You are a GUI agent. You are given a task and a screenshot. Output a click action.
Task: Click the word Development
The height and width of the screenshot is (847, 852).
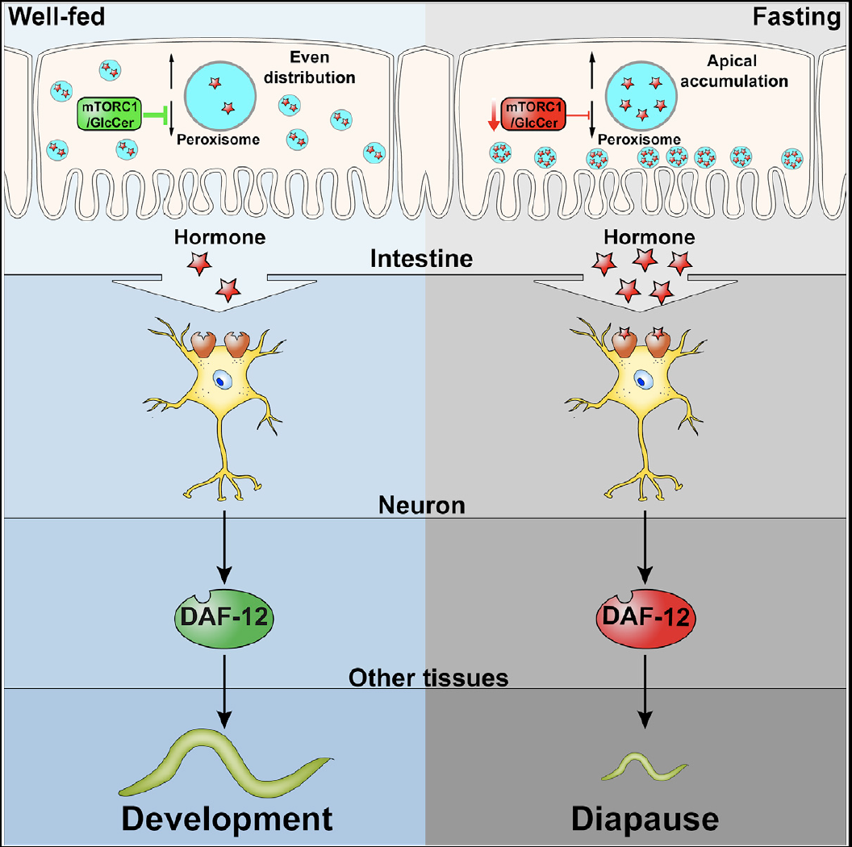[227, 818]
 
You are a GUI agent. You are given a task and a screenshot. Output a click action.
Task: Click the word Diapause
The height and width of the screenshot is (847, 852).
[645, 818]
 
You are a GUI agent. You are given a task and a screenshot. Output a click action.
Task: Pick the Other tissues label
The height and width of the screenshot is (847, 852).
[428, 678]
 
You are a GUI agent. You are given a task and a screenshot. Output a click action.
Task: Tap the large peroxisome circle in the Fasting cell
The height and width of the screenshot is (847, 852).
[642, 92]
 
